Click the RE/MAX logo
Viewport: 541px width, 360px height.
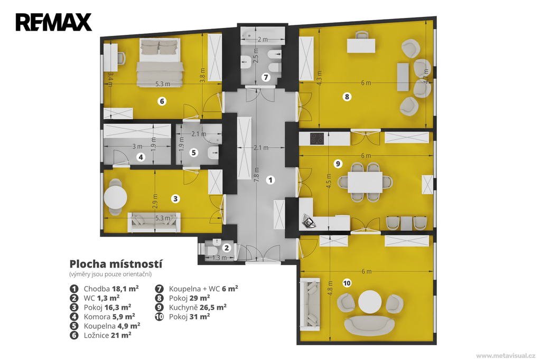(53, 22)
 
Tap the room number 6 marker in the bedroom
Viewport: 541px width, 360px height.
(162, 101)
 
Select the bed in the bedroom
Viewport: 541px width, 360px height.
(160, 62)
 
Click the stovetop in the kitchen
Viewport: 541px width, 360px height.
(317, 138)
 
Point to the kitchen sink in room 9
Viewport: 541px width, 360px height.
(309, 222)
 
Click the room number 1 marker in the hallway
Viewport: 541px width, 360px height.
(270, 179)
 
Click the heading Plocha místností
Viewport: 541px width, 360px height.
(116, 264)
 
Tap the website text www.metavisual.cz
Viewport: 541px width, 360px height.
(506, 356)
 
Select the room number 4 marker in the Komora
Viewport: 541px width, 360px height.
(141, 157)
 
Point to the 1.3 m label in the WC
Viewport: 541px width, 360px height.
(219, 258)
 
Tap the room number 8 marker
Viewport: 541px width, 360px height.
(347, 97)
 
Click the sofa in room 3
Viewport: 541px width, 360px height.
(154, 222)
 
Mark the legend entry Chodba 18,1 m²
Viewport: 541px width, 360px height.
(104, 289)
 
